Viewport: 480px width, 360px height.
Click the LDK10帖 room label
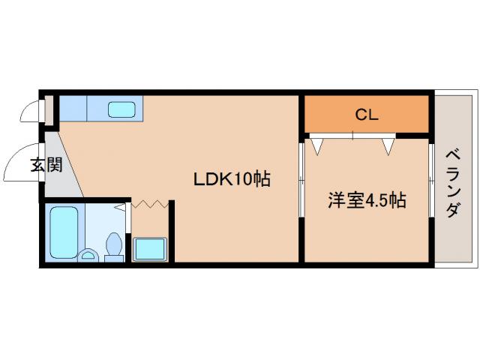(232, 179)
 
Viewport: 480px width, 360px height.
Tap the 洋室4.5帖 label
(367, 200)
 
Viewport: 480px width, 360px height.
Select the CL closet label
(366, 115)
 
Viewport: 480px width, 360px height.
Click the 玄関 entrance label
(46, 165)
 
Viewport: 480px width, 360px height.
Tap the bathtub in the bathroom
(61, 229)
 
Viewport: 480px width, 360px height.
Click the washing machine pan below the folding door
(150, 248)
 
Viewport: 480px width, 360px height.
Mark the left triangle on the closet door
(317, 145)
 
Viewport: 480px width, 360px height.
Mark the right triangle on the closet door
(388, 145)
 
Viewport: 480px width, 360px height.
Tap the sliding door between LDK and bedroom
(301, 180)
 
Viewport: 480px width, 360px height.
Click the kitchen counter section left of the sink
(73, 109)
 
